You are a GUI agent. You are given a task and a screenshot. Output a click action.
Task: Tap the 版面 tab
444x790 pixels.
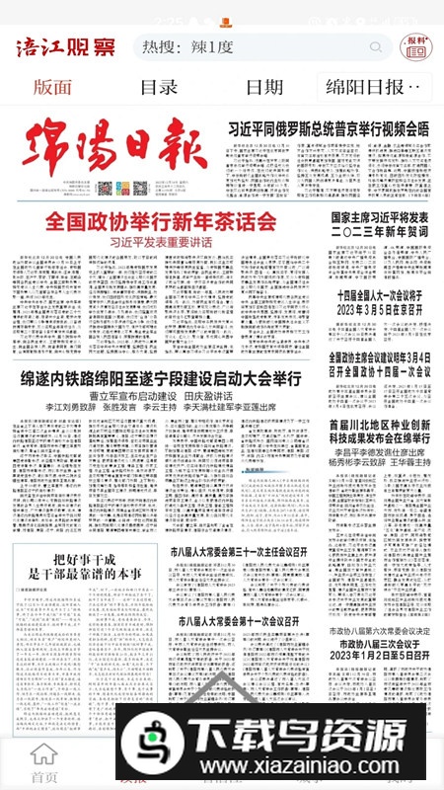(52, 87)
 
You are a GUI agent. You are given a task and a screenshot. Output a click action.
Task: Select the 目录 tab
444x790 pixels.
(158, 87)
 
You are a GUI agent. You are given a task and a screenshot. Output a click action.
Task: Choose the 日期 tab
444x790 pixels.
(264, 87)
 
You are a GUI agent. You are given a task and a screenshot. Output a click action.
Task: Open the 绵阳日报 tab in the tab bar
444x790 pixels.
(379, 87)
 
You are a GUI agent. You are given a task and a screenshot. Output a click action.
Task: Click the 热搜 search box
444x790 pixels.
(261, 46)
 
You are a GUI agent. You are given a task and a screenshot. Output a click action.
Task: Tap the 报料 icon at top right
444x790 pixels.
(415, 45)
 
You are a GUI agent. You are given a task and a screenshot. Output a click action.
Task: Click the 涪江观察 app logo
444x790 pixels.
(63, 46)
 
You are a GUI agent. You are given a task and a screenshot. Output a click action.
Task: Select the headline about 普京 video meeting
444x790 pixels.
(329, 128)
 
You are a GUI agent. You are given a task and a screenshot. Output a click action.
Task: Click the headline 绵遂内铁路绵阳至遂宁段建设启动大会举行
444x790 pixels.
(161, 378)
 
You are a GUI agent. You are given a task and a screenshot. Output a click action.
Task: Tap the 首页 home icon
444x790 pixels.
(43, 762)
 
